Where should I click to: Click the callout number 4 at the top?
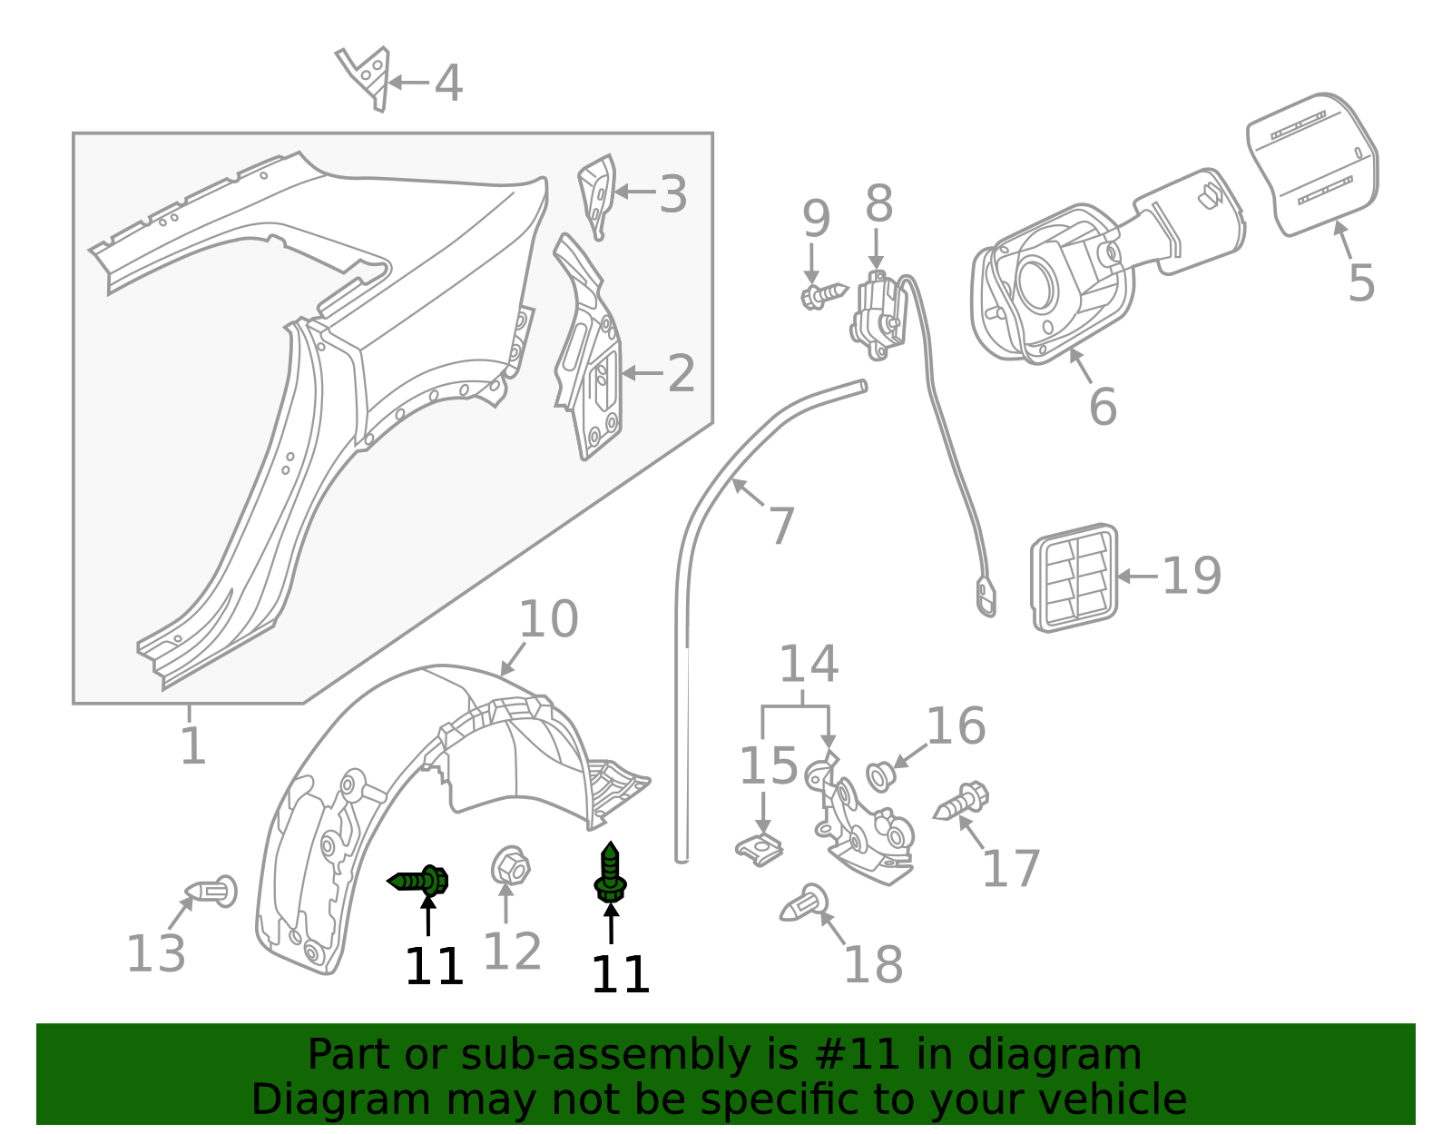tap(448, 84)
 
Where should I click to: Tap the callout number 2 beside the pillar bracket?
tap(681, 373)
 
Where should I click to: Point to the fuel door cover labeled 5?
tap(1313, 163)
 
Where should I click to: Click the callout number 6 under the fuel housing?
tap(1103, 406)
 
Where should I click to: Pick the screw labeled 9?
tap(823, 295)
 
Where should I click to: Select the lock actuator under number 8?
tap(877, 314)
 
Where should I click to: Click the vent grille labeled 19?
tap(1074, 577)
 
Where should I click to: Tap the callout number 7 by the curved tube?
tap(781, 526)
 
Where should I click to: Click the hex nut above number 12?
tap(511, 866)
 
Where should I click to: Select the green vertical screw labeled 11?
tap(611, 873)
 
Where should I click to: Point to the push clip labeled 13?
tap(213, 892)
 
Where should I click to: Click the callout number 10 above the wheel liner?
tap(548, 619)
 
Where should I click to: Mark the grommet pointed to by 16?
tap(878, 777)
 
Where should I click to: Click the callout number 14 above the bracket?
tap(809, 665)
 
